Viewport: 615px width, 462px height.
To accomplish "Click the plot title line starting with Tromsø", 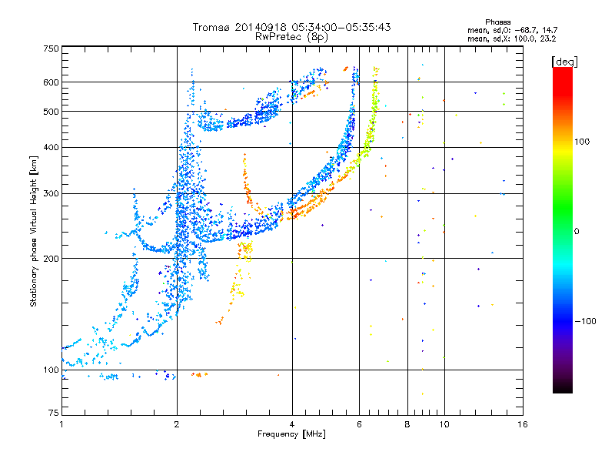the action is (291, 27).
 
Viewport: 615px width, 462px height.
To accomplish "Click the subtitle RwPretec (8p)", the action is (291, 37).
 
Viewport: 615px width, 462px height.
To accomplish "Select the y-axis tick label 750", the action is (51, 49).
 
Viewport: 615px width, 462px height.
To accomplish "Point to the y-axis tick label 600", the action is (51, 82).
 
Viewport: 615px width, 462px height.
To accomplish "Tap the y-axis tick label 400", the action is (51, 147).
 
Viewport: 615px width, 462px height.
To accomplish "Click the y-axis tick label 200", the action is (51, 259).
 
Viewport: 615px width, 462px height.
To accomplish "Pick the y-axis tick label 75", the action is (54, 413).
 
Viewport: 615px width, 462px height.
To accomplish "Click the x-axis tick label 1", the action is (61, 424).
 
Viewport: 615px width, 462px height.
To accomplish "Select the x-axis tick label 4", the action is (292, 424).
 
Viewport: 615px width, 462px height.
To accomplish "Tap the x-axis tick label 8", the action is (407, 424).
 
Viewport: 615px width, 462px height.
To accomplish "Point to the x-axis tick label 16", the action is (523, 424).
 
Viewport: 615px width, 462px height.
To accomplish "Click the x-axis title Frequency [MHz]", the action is (291, 434).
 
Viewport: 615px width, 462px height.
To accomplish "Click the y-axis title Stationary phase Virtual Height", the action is (34, 231).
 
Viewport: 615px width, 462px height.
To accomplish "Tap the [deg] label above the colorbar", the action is (564, 62).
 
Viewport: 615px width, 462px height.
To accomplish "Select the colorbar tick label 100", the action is (582, 142).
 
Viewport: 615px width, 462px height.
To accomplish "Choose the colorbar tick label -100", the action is (585, 321).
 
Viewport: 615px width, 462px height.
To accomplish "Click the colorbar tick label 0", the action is (577, 232).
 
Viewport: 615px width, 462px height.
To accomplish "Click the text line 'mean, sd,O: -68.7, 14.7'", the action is (512, 30).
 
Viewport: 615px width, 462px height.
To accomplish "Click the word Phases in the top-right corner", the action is (497, 22).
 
